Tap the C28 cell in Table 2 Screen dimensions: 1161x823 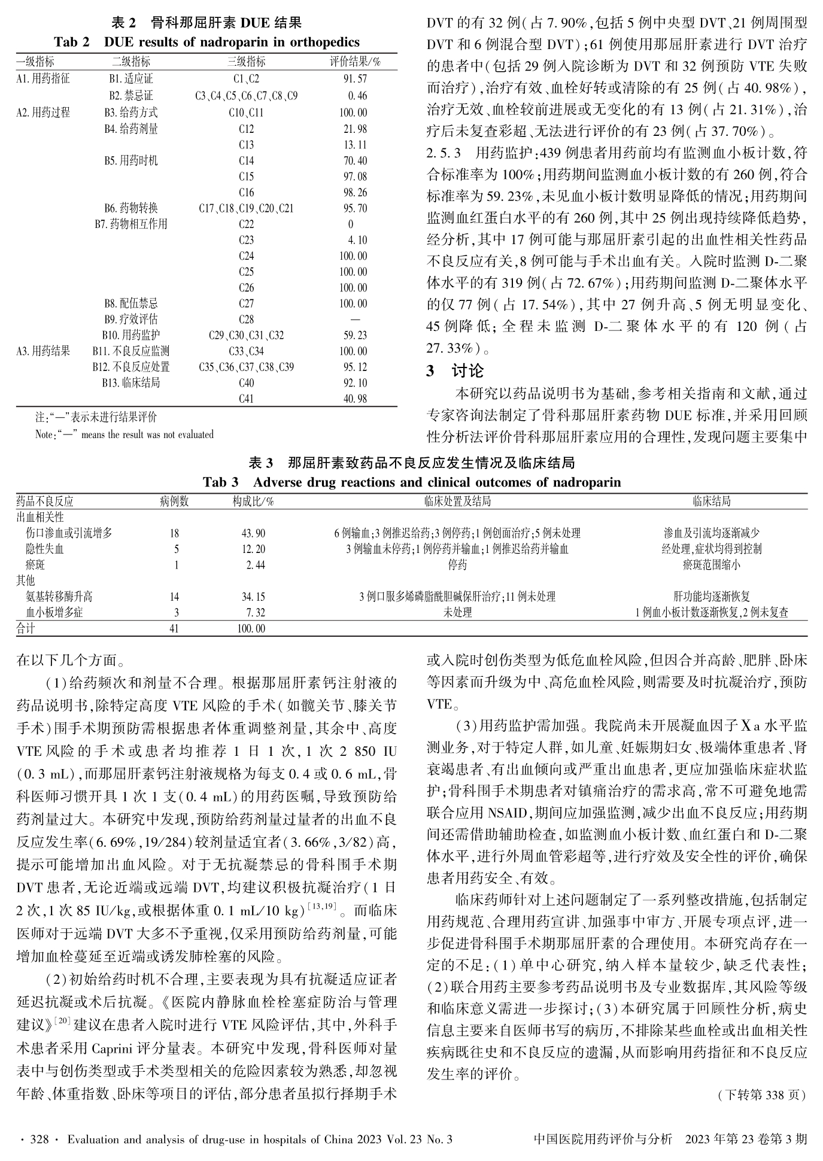pyautogui.click(x=246, y=320)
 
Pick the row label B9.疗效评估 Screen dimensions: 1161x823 pyautogui.click(x=131, y=320)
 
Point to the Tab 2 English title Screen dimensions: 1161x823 pyautogui.click(x=206, y=42)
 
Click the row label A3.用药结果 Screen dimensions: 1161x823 pyautogui.click(x=43, y=351)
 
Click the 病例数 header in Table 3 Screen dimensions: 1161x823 pyautogui.click(x=174, y=502)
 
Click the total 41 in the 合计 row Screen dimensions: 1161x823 pyautogui.click(x=174, y=628)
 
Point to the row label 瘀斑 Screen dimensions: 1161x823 pyautogui.click(x=35, y=565)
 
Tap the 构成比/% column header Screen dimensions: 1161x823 pyautogui.click(x=253, y=502)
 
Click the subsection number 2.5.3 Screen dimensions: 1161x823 pyautogui.click(x=444, y=153)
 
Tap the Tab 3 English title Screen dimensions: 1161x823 pyautogui.click(x=412, y=482)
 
